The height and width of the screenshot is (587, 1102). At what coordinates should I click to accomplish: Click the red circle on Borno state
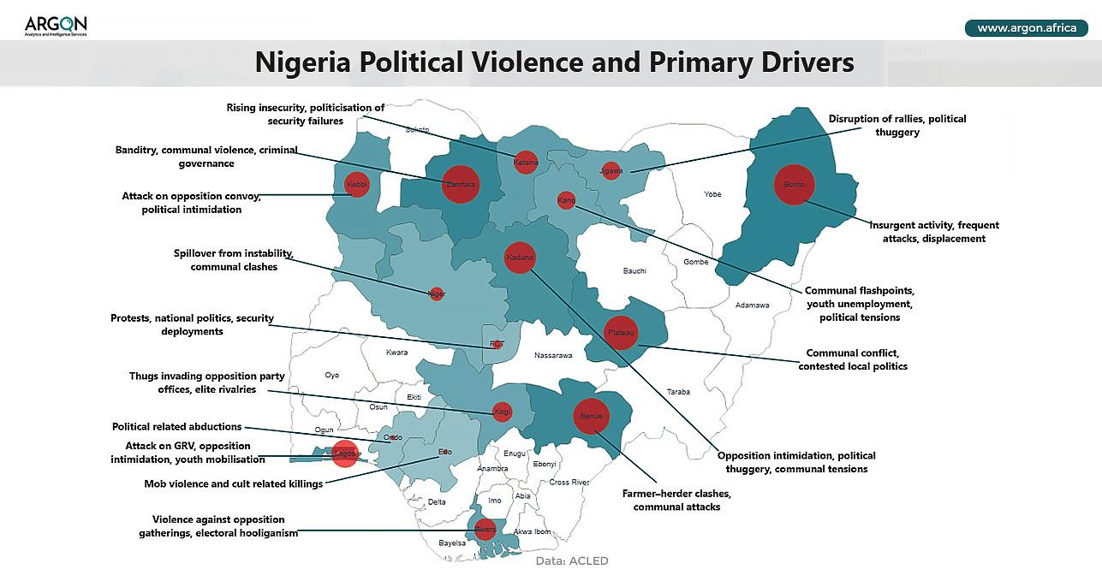pos(794,184)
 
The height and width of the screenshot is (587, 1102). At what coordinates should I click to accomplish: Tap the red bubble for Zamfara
pos(461,184)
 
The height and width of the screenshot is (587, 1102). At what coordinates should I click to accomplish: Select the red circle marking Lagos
pos(344,453)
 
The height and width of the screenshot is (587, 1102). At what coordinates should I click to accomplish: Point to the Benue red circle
pos(592,416)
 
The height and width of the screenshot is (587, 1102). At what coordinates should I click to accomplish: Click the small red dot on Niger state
pos(437,293)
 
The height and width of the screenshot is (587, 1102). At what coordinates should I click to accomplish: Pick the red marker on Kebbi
pos(356,184)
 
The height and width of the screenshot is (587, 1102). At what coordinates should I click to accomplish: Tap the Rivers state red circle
pos(485,529)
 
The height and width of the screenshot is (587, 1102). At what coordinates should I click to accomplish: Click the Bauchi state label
pos(634,271)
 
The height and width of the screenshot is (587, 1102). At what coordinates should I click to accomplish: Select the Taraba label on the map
pos(678,392)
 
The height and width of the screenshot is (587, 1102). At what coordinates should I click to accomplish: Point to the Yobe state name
pos(712,194)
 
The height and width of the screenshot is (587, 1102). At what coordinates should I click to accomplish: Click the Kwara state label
pos(396,353)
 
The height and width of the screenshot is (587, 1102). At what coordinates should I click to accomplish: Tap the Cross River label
pos(569,483)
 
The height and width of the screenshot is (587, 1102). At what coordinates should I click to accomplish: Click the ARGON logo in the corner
pos(56,26)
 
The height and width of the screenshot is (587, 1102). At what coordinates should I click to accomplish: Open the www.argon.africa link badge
pos(1026,28)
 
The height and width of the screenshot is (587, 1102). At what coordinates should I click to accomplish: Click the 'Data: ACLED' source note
pos(572,561)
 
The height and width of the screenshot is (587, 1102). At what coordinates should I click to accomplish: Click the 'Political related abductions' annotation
pos(177,426)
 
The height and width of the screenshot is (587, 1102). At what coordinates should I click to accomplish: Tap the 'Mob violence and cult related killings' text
pos(233,483)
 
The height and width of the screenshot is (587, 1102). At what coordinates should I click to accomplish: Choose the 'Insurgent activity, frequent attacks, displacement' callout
pos(933,232)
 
